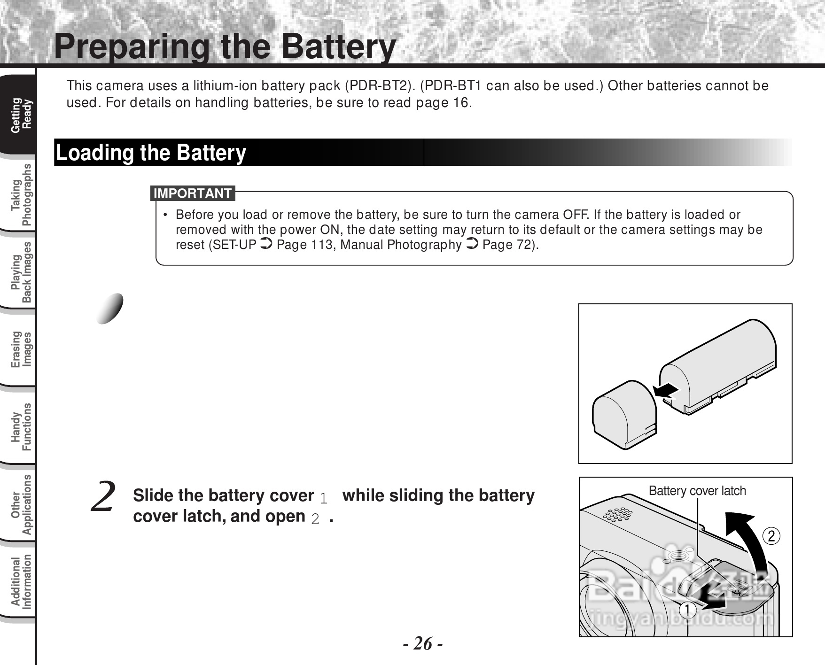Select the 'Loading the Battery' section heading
tap(151, 153)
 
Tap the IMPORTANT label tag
tap(193, 193)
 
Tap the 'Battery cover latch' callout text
tap(697, 491)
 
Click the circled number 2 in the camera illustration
tap(771, 536)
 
